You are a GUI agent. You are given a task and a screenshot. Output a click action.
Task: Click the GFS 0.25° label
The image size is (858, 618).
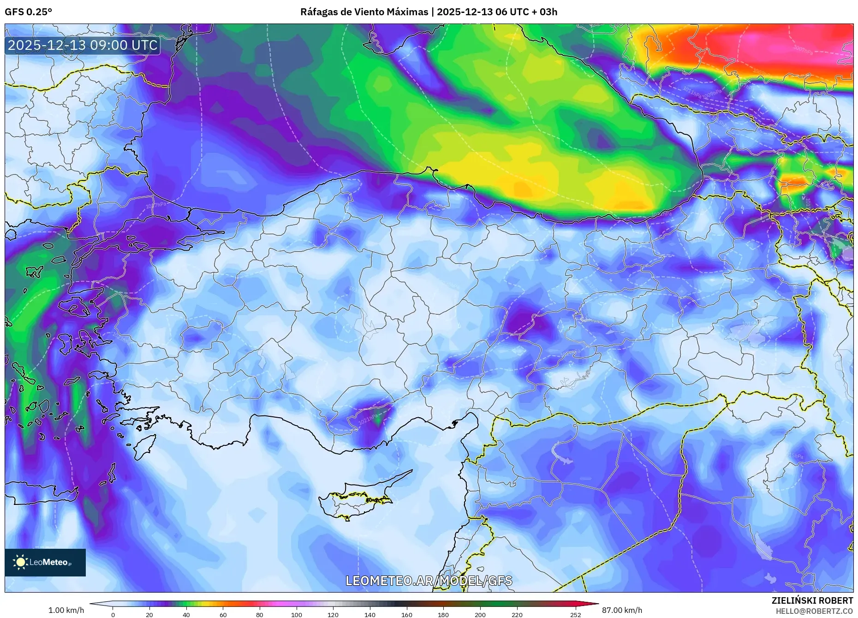(x=28, y=12)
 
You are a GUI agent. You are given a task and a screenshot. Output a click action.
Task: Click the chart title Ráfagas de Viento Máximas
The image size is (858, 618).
(x=364, y=12)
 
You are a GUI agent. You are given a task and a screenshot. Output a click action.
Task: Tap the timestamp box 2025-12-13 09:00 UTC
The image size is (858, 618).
(x=83, y=45)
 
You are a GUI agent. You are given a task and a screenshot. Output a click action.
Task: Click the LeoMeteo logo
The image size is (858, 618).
(x=45, y=562)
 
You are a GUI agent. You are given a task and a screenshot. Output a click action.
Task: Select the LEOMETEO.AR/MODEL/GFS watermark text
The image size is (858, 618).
(x=429, y=581)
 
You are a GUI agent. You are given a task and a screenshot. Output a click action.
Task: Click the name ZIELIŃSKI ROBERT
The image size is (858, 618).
(x=812, y=600)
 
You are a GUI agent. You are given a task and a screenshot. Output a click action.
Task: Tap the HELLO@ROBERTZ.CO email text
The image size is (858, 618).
(x=814, y=611)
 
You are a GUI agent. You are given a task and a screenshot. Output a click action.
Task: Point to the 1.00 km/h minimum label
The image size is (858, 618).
(x=66, y=610)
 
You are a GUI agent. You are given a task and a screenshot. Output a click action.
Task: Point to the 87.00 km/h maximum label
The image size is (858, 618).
(x=622, y=610)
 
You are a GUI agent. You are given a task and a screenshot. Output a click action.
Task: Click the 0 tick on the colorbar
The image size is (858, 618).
(x=113, y=614)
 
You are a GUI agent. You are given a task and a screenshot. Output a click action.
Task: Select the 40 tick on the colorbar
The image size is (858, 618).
(x=186, y=614)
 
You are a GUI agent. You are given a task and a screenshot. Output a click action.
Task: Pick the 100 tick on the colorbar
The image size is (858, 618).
(x=296, y=614)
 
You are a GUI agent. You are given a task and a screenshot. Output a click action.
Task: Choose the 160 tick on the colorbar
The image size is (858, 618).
(x=406, y=614)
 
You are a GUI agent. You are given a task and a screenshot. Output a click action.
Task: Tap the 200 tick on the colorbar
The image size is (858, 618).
(x=480, y=614)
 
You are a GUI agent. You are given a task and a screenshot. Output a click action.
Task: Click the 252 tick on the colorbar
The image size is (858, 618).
(x=575, y=614)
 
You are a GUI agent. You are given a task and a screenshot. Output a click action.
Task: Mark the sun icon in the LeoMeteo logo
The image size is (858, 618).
(x=20, y=562)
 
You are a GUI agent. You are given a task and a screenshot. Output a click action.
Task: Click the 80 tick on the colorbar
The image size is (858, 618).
(x=260, y=614)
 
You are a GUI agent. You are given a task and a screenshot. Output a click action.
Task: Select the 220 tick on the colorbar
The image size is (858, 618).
(x=517, y=614)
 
